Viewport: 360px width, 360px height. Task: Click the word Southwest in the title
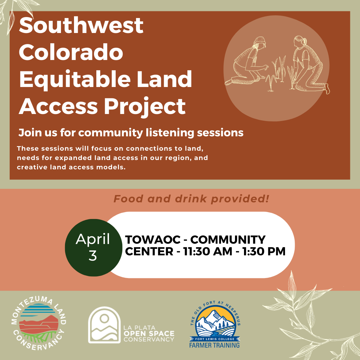tap(81, 25)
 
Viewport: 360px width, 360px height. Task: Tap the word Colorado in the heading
tap(71, 52)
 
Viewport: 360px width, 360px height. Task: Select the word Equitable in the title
tap(75, 80)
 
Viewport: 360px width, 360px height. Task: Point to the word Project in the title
tap(145, 107)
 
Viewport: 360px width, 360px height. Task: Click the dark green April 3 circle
tap(93, 247)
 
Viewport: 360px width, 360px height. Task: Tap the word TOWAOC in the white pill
tap(153, 240)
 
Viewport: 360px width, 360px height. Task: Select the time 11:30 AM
tap(208, 251)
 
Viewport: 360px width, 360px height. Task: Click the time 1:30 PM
tap(264, 251)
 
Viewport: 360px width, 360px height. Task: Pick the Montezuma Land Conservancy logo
tap(39, 323)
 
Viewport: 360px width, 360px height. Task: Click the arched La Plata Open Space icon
tap(104, 325)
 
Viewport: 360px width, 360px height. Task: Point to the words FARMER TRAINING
tap(214, 345)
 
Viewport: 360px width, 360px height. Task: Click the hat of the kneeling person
tap(260, 41)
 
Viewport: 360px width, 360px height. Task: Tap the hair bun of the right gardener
tap(305, 41)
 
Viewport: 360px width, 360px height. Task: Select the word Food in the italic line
tap(128, 199)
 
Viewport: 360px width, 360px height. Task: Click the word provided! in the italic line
tap(240, 199)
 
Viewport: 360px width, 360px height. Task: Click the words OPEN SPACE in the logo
tap(149, 334)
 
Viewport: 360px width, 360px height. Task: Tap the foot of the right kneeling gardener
tap(327, 89)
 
